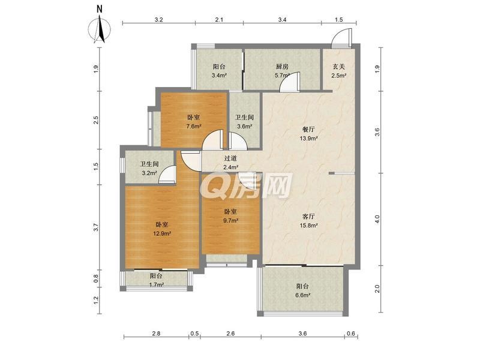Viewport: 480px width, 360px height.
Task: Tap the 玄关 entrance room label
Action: pyautogui.click(x=339, y=67)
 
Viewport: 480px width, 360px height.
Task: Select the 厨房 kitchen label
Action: pyautogui.click(x=282, y=67)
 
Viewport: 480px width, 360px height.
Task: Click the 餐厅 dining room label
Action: pyautogui.click(x=308, y=130)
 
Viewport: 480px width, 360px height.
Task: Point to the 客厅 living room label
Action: pyautogui.click(x=308, y=217)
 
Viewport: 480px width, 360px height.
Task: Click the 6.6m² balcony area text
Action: pyautogui.click(x=303, y=295)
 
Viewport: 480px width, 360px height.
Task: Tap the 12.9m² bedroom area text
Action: pyautogui.click(x=162, y=233)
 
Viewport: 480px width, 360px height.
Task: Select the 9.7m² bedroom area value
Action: pyautogui.click(x=231, y=220)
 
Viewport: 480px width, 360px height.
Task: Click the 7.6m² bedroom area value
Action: pyautogui.click(x=193, y=126)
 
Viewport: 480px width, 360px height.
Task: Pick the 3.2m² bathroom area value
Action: pyautogui.click(x=149, y=173)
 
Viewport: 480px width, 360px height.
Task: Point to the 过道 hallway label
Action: pyautogui.click(x=230, y=158)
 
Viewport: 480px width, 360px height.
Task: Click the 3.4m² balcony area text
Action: pyautogui.click(x=219, y=75)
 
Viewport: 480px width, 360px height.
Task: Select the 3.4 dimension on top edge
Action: pyautogui.click(x=282, y=20)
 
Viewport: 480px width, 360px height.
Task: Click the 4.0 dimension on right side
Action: pyautogui.click(x=377, y=219)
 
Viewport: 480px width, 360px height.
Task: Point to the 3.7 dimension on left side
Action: pyautogui.click(x=96, y=227)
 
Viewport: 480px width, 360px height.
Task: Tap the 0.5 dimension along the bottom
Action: pyautogui.click(x=194, y=334)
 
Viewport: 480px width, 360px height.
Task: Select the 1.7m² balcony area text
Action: pyautogui.click(x=157, y=284)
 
